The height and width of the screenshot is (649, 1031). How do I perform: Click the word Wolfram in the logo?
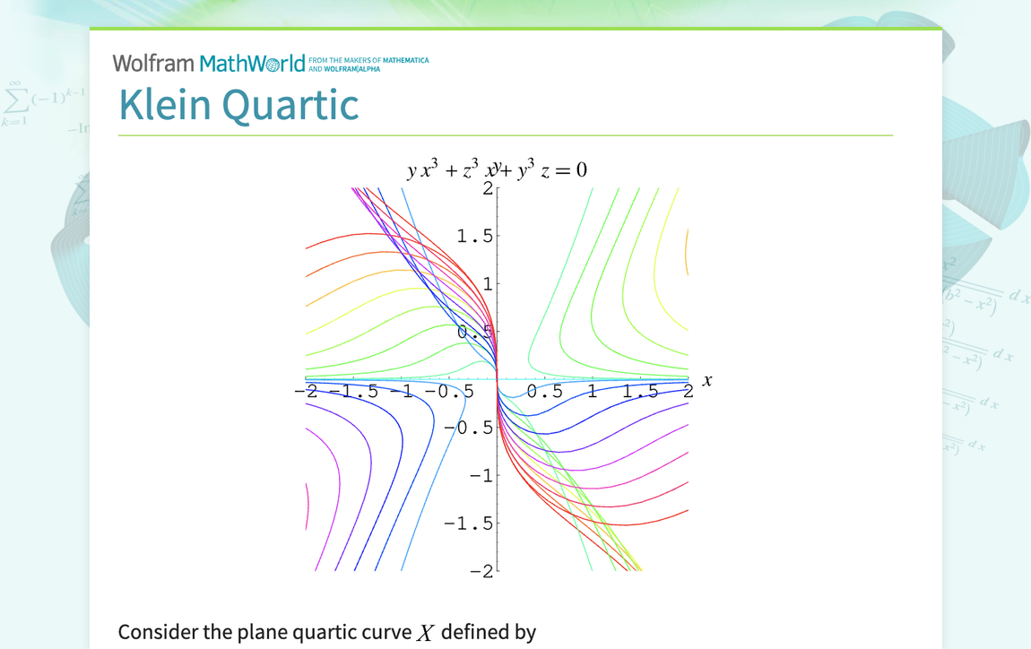(x=153, y=64)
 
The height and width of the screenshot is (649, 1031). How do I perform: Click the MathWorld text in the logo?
(x=252, y=64)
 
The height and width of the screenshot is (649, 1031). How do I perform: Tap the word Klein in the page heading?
(x=167, y=105)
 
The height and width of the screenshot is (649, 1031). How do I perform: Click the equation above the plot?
(x=496, y=170)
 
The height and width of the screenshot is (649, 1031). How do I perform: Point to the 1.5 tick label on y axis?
(x=474, y=236)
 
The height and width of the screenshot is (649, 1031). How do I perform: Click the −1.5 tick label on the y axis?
(x=469, y=524)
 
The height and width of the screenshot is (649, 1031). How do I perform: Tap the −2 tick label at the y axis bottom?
(x=481, y=572)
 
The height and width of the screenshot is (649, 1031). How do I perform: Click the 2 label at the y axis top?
(x=488, y=188)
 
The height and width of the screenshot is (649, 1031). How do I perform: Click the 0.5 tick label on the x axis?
(x=545, y=392)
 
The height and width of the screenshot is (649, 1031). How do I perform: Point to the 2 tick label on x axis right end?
(x=688, y=392)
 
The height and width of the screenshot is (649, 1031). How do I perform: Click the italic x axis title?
(x=707, y=381)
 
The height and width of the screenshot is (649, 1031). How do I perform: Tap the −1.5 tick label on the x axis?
(x=353, y=392)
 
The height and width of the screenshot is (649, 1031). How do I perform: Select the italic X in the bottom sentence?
(x=426, y=633)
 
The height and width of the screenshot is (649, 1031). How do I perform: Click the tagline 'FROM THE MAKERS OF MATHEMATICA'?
(x=368, y=60)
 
